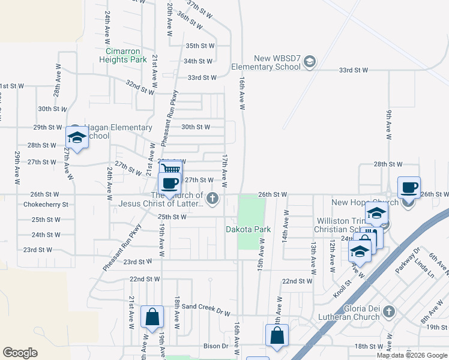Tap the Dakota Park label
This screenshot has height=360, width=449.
pos(249,229)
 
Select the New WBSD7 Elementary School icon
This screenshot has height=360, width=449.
pos(310,61)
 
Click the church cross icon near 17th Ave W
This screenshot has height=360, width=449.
pos(211,198)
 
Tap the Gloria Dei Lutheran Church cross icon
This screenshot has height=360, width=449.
pos(389,311)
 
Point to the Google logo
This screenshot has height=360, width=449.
pos(20,353)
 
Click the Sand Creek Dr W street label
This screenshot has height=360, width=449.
pos(206,308)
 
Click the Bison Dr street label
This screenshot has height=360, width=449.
pos(216,346)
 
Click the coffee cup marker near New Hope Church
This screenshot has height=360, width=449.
pos(409,187)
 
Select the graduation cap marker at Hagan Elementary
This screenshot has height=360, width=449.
pos(76,137)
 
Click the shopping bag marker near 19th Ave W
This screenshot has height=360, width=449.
pos(152,316)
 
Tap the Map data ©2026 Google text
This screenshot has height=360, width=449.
pos(412,355)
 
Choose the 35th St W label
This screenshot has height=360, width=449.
pos(200,46)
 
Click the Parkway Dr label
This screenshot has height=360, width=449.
pos(409,263)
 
